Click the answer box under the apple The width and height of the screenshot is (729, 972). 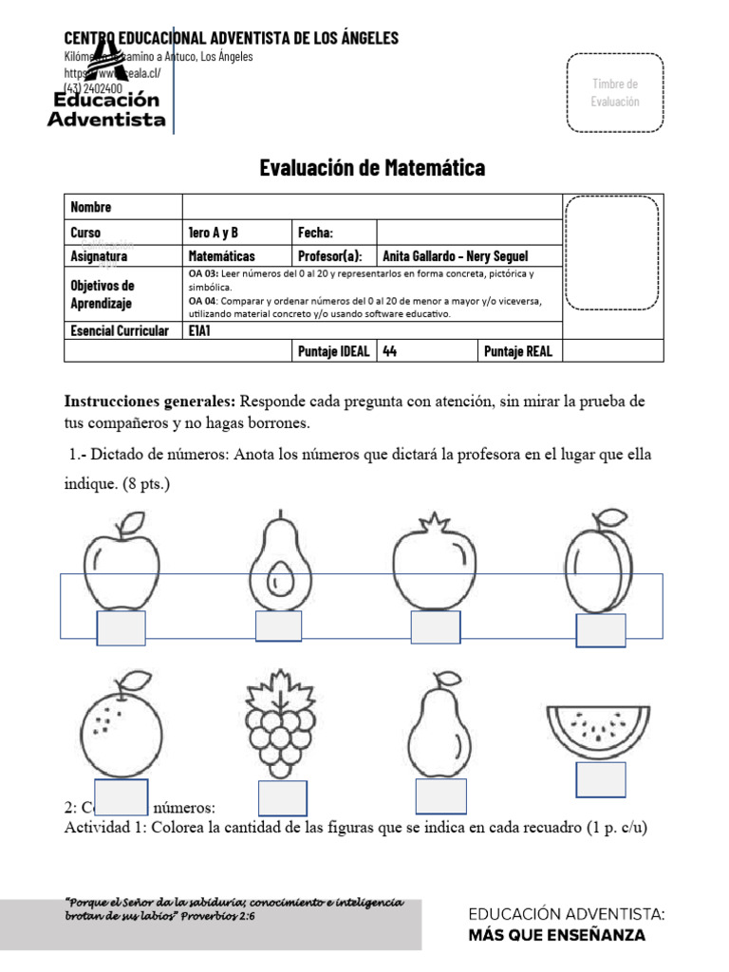(x=121, y=628)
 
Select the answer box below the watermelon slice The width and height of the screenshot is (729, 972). (x=601, y=779)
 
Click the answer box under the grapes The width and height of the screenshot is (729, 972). (x=282, y=798)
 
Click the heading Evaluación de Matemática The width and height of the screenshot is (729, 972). (x=372, y=169)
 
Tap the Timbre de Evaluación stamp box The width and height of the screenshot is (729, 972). (x=615, y=93)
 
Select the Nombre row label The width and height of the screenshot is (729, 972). (x=91, y=207)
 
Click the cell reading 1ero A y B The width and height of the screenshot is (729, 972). (x=214, y=233)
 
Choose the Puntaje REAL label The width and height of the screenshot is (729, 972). (x=517, y=351)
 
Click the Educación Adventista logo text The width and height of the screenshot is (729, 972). (x=106, y=109)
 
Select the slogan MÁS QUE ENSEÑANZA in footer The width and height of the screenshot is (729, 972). (x=556, y=935)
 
